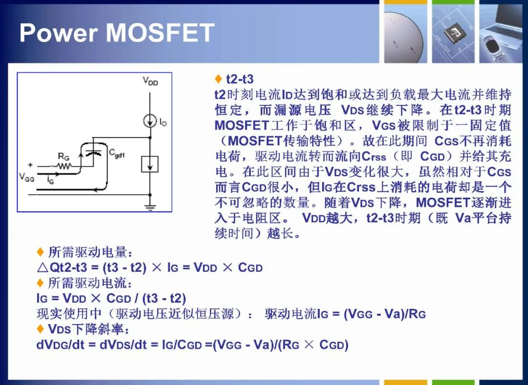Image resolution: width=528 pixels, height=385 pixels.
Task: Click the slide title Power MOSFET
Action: click(x=117, y=33)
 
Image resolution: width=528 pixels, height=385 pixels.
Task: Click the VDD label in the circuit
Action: click(x=150, y=81)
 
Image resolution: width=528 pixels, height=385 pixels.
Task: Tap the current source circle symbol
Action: click(x=150, y=121)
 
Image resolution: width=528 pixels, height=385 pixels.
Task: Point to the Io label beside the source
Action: click(x=163, y=122)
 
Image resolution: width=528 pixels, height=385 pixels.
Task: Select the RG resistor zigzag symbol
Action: click(x=64, y=166)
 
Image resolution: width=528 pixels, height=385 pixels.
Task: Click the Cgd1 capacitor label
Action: click(x=117, y=153)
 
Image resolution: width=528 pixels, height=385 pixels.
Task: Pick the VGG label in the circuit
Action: click(x=26, y=177)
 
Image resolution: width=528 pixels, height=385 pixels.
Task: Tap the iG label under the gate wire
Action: click(x=50, y=181)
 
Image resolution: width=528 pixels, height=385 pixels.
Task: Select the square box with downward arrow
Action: click(x=150, y=164)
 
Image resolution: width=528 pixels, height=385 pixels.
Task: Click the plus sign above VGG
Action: click(x=30, y=164)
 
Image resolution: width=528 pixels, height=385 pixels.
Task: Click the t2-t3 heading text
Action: click(x=240, y=79)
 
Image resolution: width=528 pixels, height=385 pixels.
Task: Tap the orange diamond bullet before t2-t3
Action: click(x=218, y=79)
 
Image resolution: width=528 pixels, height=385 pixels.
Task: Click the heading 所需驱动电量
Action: click(x=90, y=252)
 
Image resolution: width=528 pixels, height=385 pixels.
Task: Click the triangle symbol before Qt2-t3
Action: click(x=43, y=268)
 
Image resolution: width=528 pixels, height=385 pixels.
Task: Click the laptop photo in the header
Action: click(x=503, y=31)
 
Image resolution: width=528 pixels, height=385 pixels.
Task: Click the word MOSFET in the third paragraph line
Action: click(x=242, y=125)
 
